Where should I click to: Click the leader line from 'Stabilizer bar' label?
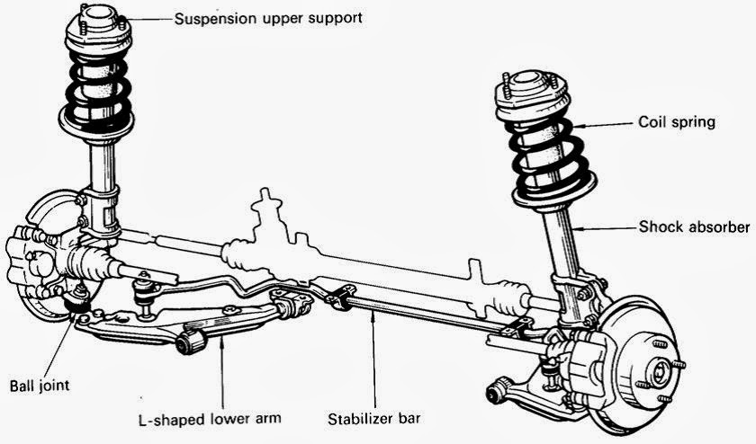point(372,360)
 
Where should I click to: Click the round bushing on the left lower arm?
point(187,342)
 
